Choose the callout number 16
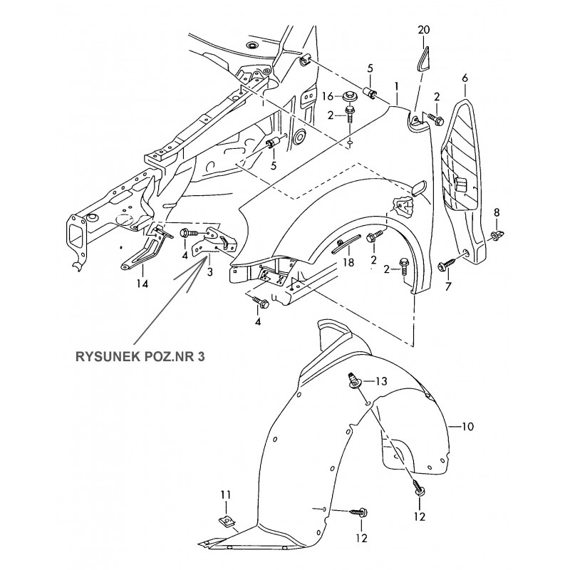(x=328, y=96)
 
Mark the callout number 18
(x=348, y=263)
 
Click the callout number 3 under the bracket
(x=209, y=272)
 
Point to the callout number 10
(x=467, y=427)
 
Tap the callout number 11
(x=225, y=494)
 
